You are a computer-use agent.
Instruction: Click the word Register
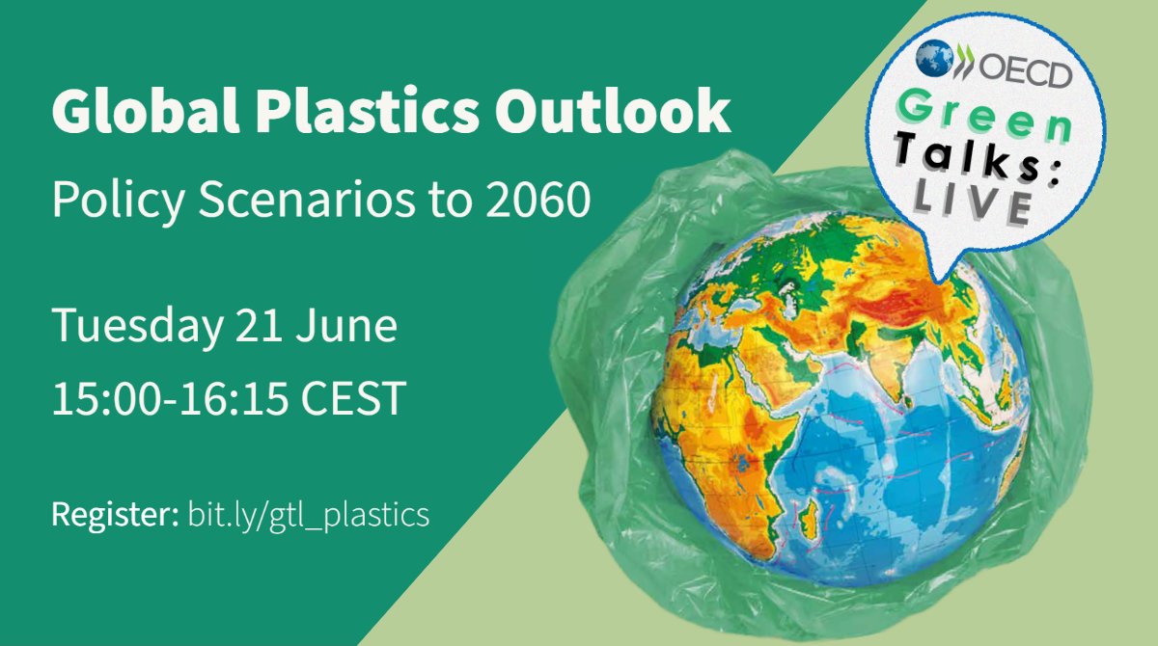point(110,515)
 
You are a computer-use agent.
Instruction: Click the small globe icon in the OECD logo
point(934,60)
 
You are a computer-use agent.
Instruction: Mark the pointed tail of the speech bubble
point(935,273)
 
